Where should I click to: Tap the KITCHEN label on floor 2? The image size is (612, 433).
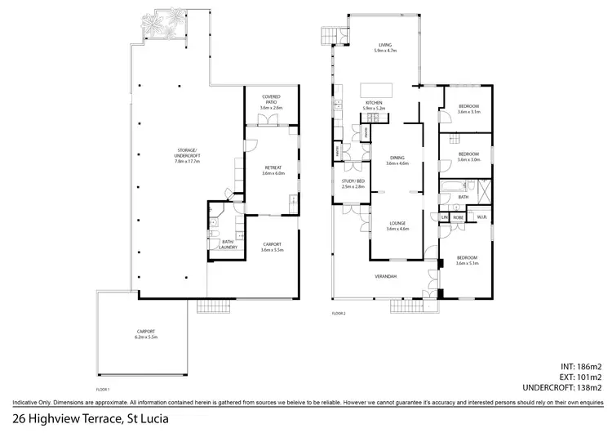click(374, 103)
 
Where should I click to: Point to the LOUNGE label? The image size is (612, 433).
click(397, 222)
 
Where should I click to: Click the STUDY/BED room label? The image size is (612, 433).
click(353, 181)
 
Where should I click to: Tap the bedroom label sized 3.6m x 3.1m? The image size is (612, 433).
click(468, 106)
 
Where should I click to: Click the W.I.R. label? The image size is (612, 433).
click(481, 217)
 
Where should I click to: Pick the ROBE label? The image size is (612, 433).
click(459, 217)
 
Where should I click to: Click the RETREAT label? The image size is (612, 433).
click(271, 168)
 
